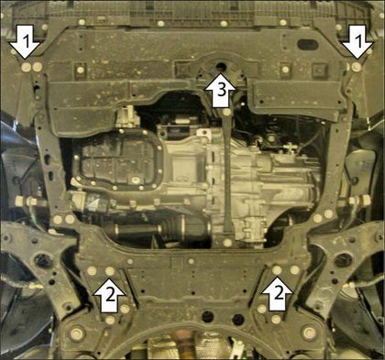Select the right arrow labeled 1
click(357, 43)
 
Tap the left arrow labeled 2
click(109, 294)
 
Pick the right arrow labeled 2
click(277, 294)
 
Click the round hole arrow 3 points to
click(221, 66)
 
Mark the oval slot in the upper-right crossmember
click(308, 45)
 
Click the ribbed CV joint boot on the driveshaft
click(171, 228)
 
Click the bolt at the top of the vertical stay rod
click(226, 113)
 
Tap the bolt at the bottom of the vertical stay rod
click(227, 243)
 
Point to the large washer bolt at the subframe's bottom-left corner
click(76, 333)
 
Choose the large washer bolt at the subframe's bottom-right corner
click(309, 332)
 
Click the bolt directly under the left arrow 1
click(27, 67)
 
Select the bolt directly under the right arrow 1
click(356, 67)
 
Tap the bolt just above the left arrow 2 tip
click(109, 270)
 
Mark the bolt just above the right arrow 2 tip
click(277, 269)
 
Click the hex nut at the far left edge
click(19, 201)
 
